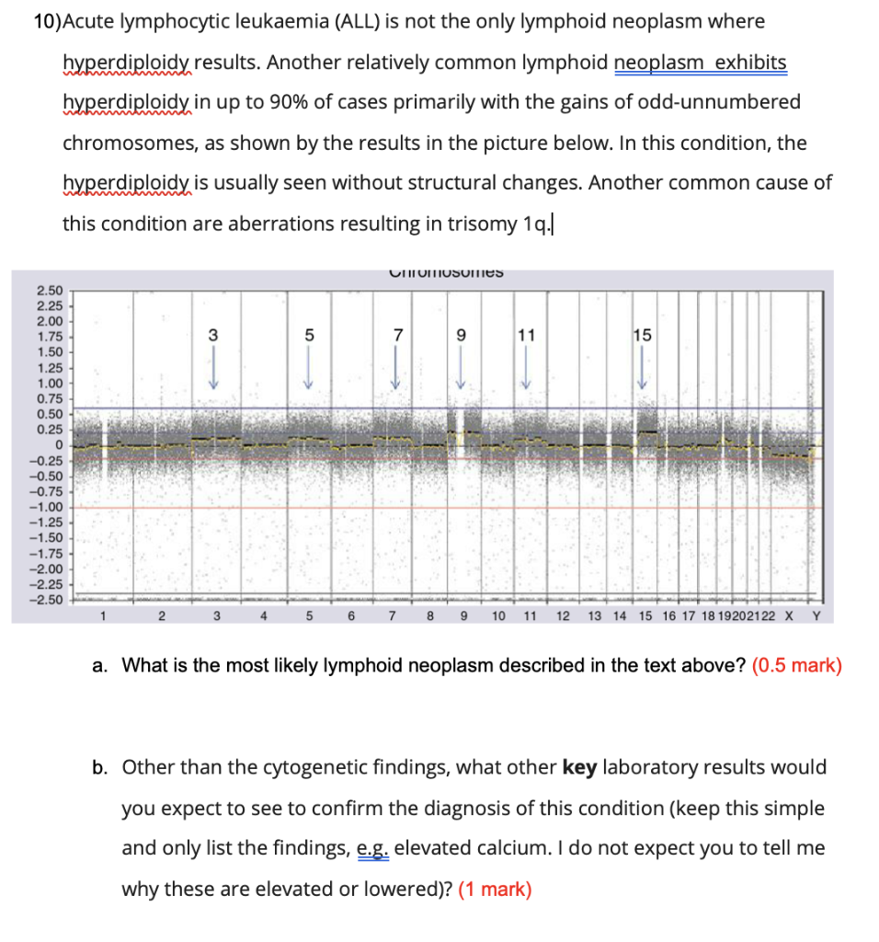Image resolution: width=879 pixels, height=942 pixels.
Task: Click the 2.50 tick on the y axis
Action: pos(50,291)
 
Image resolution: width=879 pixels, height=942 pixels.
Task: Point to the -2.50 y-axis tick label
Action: pos(48,601)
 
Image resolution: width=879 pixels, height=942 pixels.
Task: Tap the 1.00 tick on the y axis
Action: pos(50,383)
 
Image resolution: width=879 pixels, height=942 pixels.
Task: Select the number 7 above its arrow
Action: pos(397,336)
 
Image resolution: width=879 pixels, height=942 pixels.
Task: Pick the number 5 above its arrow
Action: pos(309,336)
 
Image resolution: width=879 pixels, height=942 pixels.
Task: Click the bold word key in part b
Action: pos(579,767)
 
